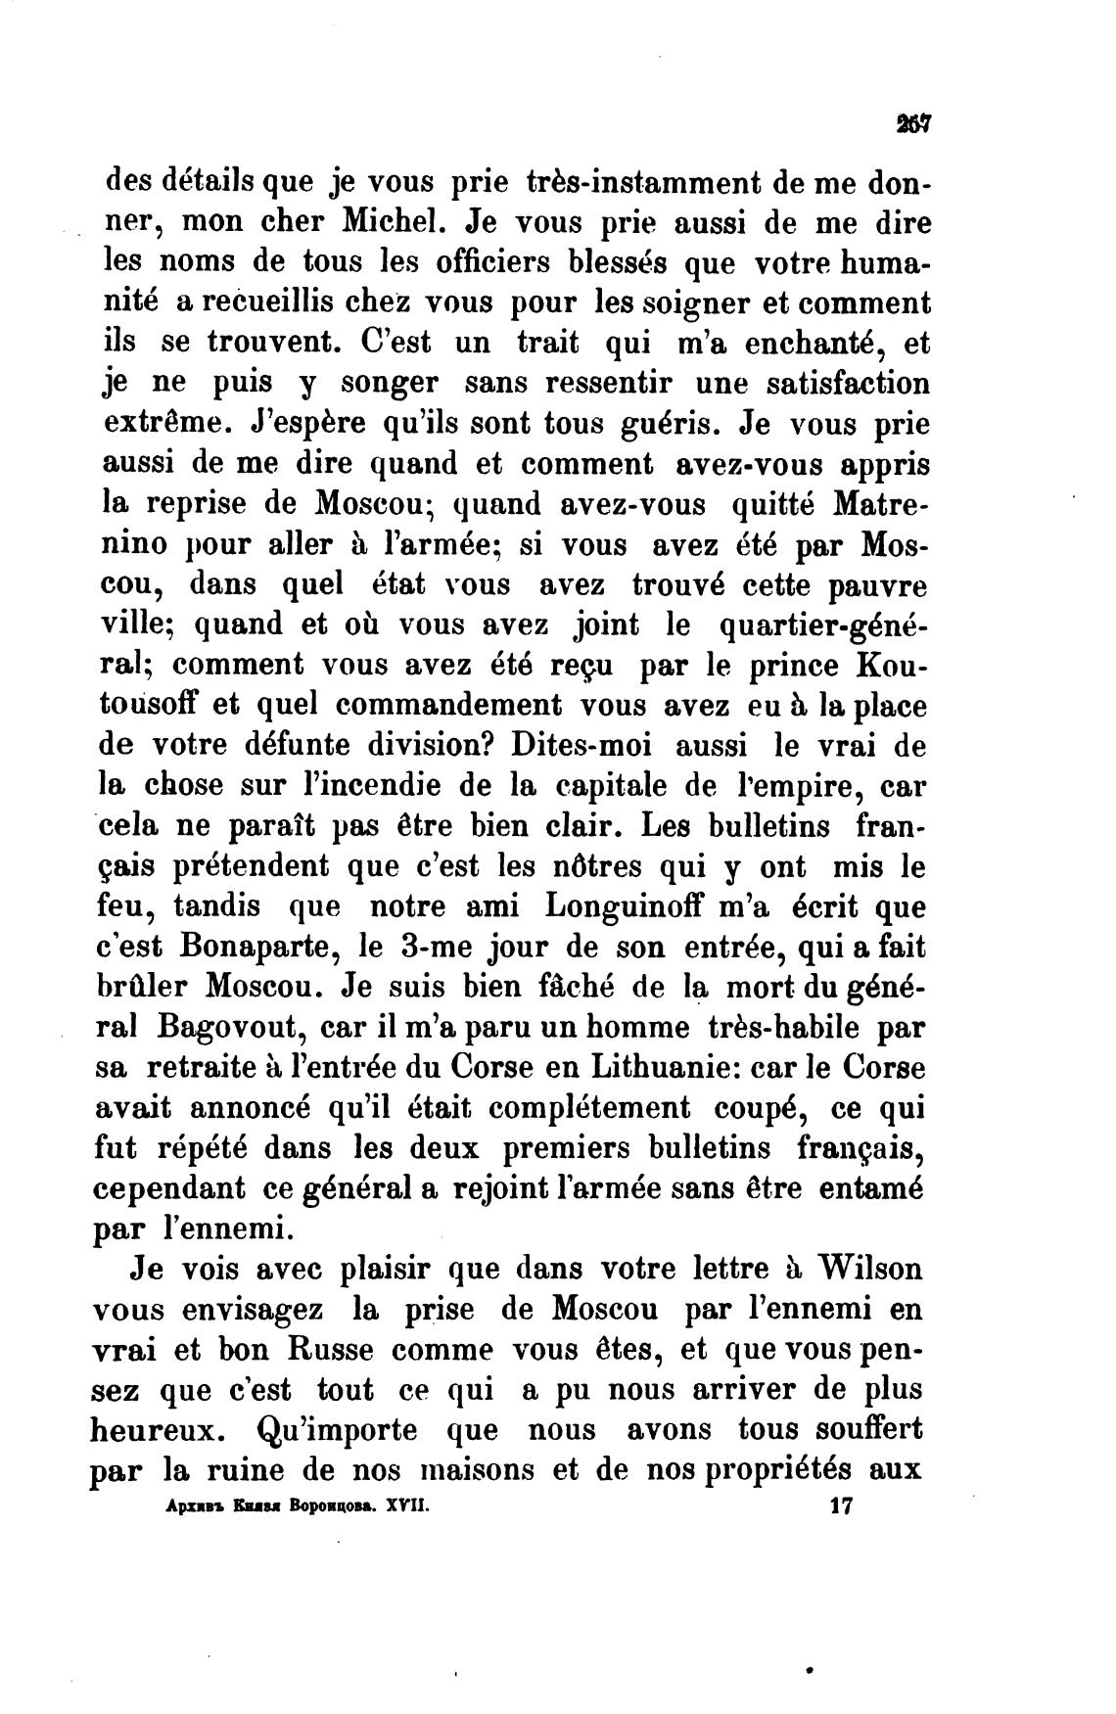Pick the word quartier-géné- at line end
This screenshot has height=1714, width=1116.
824,625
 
